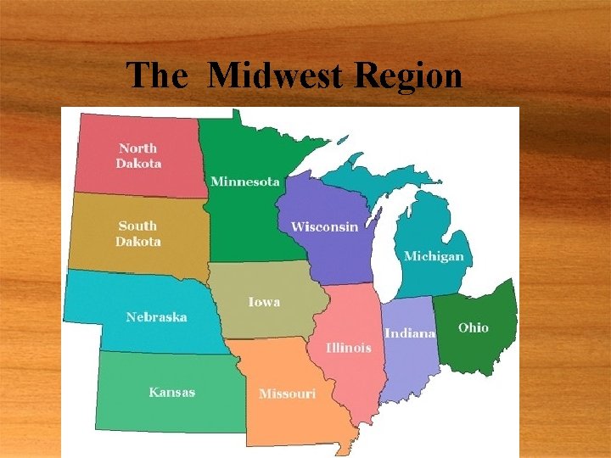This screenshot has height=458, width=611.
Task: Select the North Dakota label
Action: coord(138,156)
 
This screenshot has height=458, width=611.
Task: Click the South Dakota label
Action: coord(137,233)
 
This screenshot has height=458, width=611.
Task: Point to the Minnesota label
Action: coord(244,182)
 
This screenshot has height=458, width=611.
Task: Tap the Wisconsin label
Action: coord(324,226)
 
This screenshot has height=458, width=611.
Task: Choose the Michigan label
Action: coord(434,256)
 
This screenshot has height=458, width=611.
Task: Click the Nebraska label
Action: coord(156,317)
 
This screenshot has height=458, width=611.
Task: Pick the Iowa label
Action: coord(264,302)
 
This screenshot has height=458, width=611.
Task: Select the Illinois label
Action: coord(349,348)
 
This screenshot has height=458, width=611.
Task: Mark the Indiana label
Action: coord(410,333)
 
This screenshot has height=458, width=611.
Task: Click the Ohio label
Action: coord(474,327)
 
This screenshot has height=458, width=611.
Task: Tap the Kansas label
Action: coord(171,392)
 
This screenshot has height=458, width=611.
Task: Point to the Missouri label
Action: coord(287,394)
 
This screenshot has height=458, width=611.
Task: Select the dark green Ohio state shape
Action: coord(479,348)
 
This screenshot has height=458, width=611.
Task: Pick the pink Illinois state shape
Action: coord(352,382)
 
